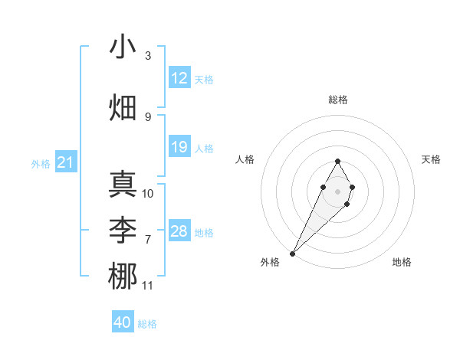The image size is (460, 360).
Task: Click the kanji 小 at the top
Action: pos(123,47)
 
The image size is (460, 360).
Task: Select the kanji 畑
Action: pos(123,106)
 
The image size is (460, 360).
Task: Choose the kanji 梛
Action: pos(123,276)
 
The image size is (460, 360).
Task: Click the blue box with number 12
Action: pos(179,78)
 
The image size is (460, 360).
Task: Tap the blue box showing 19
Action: pos(179,147)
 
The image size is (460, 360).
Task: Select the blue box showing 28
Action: pos(179,231)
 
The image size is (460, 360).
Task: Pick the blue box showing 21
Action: pos(65,162)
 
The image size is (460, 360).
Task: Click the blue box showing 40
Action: pos(123,322)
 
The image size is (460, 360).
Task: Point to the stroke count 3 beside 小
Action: pos(148,56)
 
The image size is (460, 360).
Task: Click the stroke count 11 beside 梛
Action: pos(148,286)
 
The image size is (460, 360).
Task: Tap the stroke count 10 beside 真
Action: pos(148,194)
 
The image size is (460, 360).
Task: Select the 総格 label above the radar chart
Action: pos(337,100)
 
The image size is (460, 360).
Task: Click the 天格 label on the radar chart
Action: pos(431,159)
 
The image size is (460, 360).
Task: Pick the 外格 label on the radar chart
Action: pos(270,262)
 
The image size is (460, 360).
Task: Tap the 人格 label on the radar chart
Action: pos(245,159)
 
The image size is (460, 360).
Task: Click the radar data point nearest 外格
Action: pos(292,253)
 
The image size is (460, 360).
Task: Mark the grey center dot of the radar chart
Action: pos(337,190)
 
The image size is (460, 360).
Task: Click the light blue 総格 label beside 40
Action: pos(147,324)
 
